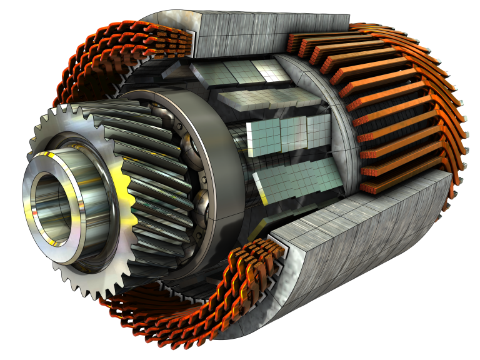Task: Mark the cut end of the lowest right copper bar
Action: [369, 187]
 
